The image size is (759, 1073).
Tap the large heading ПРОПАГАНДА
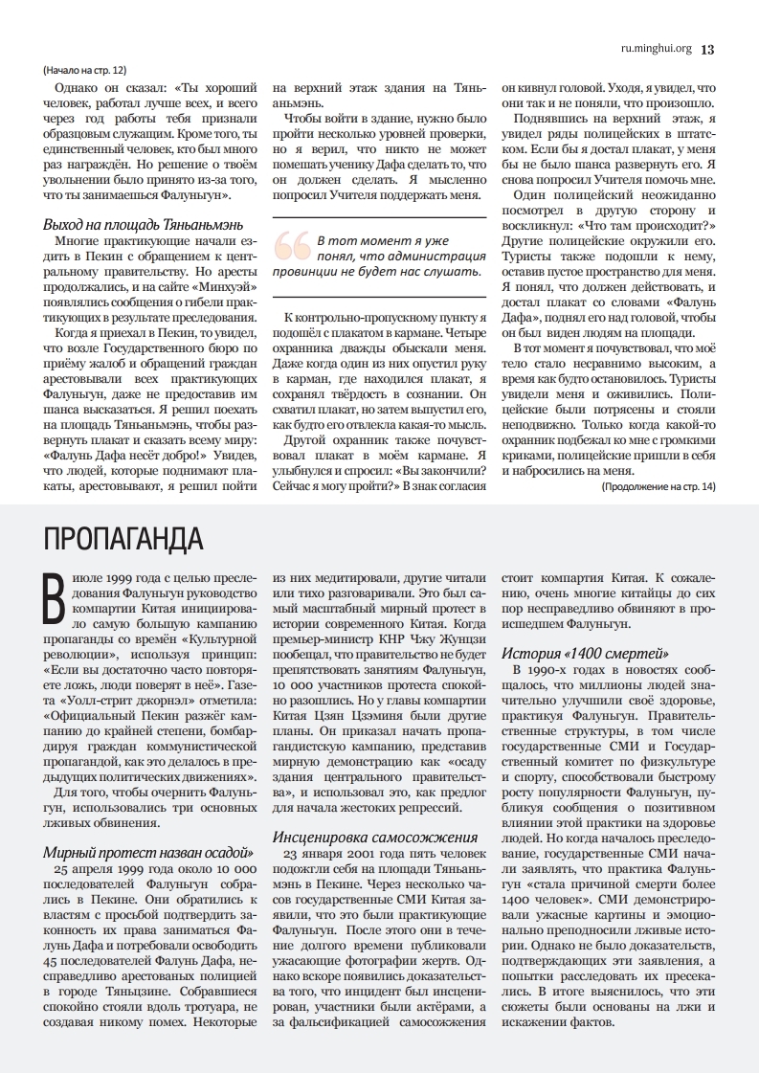pyautogui.click(x=123, y=539)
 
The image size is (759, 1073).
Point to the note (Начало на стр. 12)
pyautogui.click(x=84, y=71)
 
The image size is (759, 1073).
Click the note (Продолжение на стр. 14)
pyautogui.click(x=658, y=487)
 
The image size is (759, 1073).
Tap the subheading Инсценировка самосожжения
pyautogui.click(x=375, y=837)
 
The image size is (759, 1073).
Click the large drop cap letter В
pyautogui.click(x=55, y=597)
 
